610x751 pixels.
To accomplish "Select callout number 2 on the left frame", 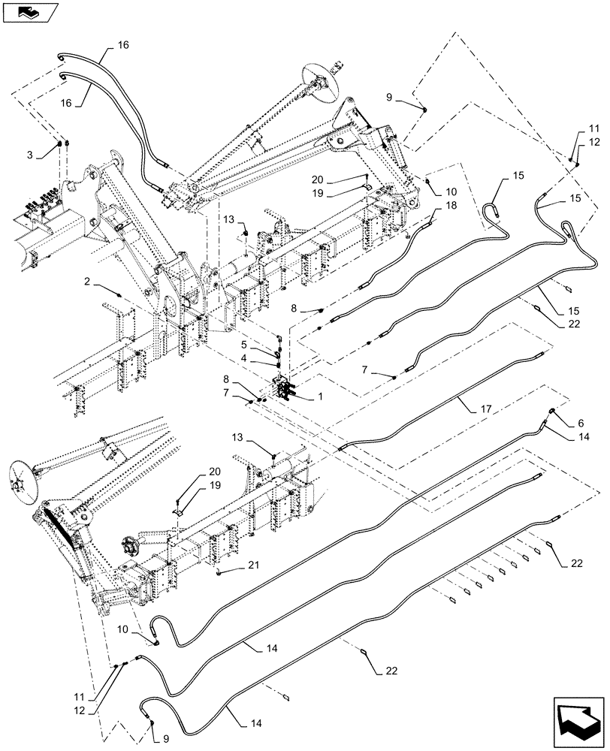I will pos(88,282).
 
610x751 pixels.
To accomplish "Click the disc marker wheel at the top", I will pos(317,77).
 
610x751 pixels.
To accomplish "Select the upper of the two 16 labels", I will pos(123,45).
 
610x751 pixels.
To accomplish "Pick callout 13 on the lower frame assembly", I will pos(258,437).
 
